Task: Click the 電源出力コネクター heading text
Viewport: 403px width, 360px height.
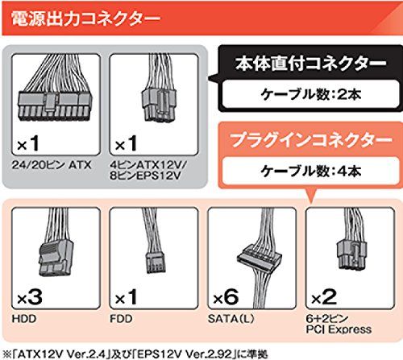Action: (x=85, y=19)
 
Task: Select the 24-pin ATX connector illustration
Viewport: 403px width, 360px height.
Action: (x=55, y=89)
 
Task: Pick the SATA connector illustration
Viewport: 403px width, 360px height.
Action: (x=260, y=258)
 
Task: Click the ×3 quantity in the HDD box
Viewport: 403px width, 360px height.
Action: (x=30, y=297)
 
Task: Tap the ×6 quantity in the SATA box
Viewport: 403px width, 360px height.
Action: (x=226, y=297)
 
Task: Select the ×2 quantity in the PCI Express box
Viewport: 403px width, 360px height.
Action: (x=324, y=297)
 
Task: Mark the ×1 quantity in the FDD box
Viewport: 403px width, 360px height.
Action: (x=126, y=297)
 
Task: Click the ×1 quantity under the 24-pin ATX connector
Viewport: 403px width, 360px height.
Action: (x=28, y=143)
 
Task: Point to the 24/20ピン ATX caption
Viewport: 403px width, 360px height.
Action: (x=52, y=165)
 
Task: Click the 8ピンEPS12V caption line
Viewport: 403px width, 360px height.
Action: (x=145, y=176)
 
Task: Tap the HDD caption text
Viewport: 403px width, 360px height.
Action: (x=24, y=319)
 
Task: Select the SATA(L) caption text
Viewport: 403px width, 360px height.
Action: (x=231, y=319)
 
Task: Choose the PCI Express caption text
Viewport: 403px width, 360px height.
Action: (x=339, y=329)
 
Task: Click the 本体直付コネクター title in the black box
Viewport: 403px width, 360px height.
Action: (x=311, y=64)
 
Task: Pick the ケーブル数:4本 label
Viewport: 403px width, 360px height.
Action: (x=311, y=171)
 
